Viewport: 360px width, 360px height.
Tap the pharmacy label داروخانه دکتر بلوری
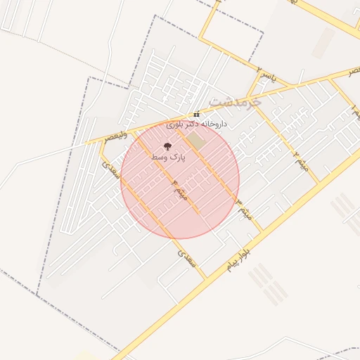click(x=197, y=124)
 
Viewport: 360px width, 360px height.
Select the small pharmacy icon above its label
click(x=197, y=115)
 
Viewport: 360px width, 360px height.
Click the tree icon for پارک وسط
click(x=167, y=146)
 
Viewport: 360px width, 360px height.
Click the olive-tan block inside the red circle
click(x=195, y=142)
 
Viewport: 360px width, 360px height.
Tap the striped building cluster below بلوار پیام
click(x=267, y=285)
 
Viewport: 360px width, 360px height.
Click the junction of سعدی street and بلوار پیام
click(x=206, y=278)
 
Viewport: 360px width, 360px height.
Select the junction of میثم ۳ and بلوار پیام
click(x=261, y=231)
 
